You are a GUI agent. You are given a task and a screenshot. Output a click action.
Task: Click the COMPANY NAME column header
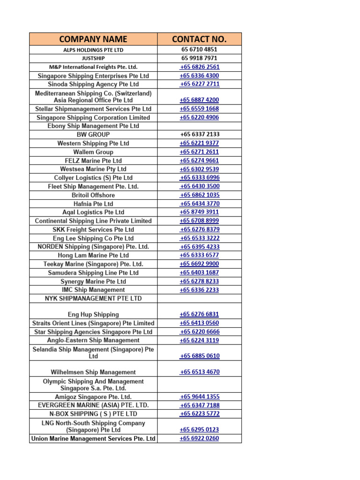tap(93, 39)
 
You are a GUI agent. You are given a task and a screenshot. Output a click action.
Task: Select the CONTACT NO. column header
tap(199, 39)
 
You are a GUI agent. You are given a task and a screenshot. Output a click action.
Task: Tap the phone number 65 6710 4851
tap(199, 49)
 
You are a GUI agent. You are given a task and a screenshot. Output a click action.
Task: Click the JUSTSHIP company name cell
tap(93, 58)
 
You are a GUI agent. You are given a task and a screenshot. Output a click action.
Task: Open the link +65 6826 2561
tap(199, 67)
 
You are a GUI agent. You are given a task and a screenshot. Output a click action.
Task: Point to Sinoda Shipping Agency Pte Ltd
tap(93, 84)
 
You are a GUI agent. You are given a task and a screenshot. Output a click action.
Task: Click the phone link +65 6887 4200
tap(199, 100)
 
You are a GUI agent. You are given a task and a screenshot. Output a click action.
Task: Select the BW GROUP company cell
tap(93, 135)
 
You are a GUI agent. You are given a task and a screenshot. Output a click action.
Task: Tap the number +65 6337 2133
tap(199, 135)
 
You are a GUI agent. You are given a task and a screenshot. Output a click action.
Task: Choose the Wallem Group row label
tap(93, 152)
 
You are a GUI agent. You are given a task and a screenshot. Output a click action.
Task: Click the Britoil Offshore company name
tap(93, 195)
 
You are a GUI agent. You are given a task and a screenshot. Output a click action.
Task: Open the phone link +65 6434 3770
tap(199, 203)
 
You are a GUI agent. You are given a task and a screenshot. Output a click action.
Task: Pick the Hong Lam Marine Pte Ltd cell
tap(93, 255)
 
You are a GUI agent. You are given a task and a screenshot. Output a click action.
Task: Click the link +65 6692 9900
tap(199, 264)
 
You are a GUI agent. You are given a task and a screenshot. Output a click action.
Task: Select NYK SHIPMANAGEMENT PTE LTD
tap(93, 299)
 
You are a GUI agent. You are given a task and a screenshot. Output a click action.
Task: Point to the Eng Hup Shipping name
tap(93, 315)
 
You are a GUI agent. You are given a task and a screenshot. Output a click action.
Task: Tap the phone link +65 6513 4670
tap(199, 372)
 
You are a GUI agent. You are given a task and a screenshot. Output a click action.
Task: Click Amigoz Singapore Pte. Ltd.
tap(93, 397)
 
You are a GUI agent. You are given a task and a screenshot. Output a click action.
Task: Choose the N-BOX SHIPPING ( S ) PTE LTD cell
tap(93, 414)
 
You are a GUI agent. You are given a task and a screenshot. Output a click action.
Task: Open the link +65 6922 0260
tap(199, 439)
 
